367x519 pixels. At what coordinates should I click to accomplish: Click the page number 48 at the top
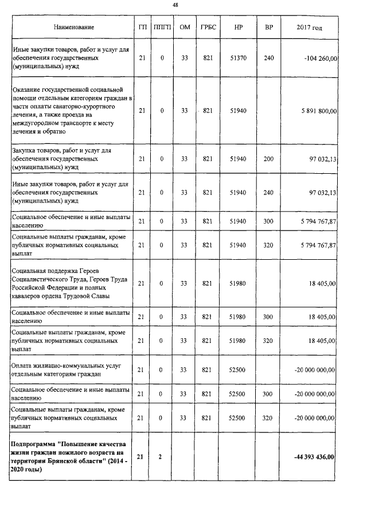pos(183,5)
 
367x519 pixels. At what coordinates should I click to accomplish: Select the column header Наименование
pos(74,28)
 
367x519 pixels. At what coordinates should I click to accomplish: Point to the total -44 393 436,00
pos(314,456)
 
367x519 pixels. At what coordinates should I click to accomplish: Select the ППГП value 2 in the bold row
pos(162,456)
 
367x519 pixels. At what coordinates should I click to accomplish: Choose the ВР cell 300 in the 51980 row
pos(268,317)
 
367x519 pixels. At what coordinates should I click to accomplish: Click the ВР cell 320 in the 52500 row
pos(268,418)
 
